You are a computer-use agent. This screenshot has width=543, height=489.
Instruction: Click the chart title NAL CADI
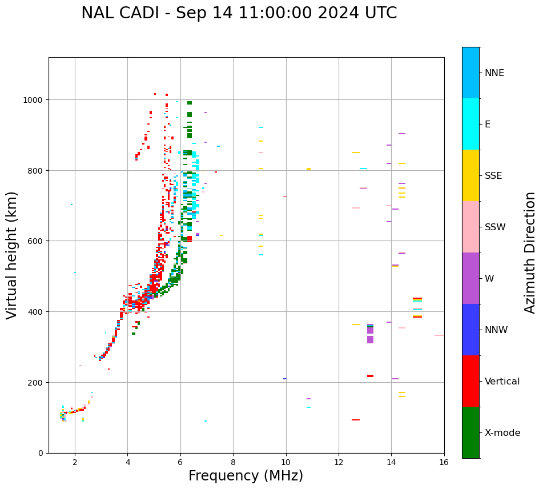(x=239, y=13)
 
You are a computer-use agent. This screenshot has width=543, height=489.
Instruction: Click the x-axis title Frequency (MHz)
(x=246, y=476)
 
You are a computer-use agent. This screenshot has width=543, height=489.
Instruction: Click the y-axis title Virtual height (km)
(x=12, y=255)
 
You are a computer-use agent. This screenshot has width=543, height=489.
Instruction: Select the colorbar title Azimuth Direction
(x=530, y=252)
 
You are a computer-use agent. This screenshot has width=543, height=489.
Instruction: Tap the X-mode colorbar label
(x=502, y=433)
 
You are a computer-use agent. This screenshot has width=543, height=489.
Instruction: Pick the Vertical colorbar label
(x=502, y=382)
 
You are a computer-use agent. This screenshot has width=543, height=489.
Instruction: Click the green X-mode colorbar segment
(x=470, y=432)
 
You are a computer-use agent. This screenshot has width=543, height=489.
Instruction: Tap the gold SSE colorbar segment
(x=470, y=175)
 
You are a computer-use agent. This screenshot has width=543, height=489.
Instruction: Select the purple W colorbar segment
(x=470, y=278)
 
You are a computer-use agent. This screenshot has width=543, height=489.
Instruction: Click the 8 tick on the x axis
(x=233, y=463)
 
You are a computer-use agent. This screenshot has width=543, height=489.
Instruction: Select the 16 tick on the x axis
(x=444, y=463)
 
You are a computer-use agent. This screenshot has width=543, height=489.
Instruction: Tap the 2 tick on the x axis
(x=75, y=463)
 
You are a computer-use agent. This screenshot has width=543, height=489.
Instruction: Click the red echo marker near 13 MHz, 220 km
(x=370, y=376)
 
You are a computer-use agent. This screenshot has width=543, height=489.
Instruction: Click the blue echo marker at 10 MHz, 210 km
(x=285, y=379)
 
